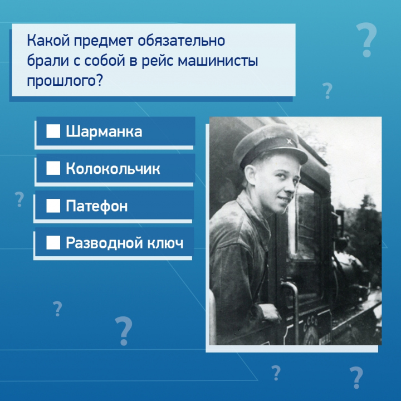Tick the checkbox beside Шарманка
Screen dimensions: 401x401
pos(53,131)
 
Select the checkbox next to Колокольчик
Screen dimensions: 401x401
pos(53,168)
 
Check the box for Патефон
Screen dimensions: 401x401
pos(53,206)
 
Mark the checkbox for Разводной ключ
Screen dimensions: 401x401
pos(53,242)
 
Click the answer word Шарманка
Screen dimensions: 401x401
pos(104,131)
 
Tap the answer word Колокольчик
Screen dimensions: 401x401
pos(113,169)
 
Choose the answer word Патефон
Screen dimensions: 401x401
pos(97,206)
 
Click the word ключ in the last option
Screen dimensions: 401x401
pos(165,243)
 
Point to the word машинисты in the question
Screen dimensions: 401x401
pos(218,62)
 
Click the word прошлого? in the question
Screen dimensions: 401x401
pos(65,81)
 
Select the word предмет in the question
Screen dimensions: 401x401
pos(104,41)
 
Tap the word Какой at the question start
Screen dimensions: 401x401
pos(48,41)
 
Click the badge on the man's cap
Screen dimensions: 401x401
pos(289,141)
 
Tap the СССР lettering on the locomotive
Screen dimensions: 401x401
pos(310,325)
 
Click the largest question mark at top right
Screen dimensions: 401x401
pos(366,40)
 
